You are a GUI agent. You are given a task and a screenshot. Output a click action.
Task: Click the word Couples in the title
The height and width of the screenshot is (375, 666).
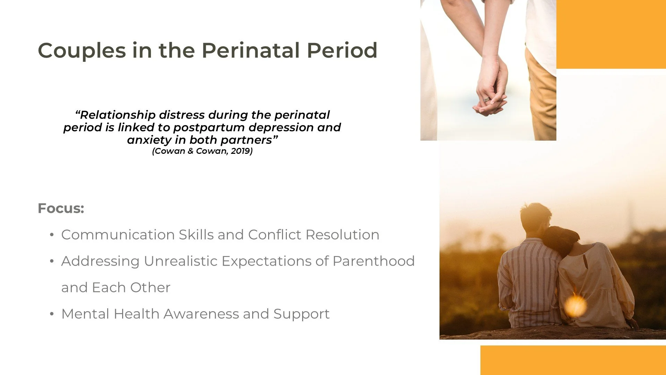(82, 51)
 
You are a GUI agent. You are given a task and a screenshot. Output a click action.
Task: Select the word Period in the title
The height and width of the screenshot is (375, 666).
(342, 51)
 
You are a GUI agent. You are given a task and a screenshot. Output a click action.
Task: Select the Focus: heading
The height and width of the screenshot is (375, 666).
(61, 208)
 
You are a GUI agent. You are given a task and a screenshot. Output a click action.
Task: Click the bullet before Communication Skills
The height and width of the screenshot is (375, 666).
(52, 235)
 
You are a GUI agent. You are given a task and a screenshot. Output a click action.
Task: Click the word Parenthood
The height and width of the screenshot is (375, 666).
(374, 261)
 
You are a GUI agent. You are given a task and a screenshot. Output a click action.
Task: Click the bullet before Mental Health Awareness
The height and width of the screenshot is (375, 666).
(52, 314)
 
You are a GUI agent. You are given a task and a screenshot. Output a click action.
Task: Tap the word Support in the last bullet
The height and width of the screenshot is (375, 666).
(301, 314)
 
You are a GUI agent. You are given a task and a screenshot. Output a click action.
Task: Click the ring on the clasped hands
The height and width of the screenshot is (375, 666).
(487, 100)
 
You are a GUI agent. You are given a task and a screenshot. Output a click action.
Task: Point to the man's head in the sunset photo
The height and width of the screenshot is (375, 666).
(535, 217)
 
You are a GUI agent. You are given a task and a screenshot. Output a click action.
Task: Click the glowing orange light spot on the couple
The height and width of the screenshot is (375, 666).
(575, 306)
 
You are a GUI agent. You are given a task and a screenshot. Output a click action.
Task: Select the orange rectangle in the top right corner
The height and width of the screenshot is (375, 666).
(611, 34)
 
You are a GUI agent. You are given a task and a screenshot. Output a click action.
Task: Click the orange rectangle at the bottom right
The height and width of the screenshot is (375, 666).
(573, 360)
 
